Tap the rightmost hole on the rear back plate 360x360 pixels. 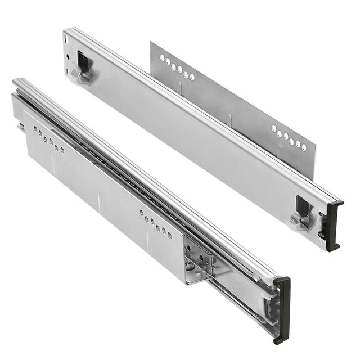point(304,147)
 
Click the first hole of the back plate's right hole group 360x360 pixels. point(274,129)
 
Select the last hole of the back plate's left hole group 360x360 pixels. point(192,76)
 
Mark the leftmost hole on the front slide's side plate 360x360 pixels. point(35,129)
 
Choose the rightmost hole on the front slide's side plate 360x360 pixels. point(169,233)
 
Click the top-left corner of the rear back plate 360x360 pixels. point(151,41)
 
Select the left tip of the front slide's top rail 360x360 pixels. point(15,82)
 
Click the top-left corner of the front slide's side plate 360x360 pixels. point(24,110)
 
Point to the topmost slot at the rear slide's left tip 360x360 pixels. point(66,39)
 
